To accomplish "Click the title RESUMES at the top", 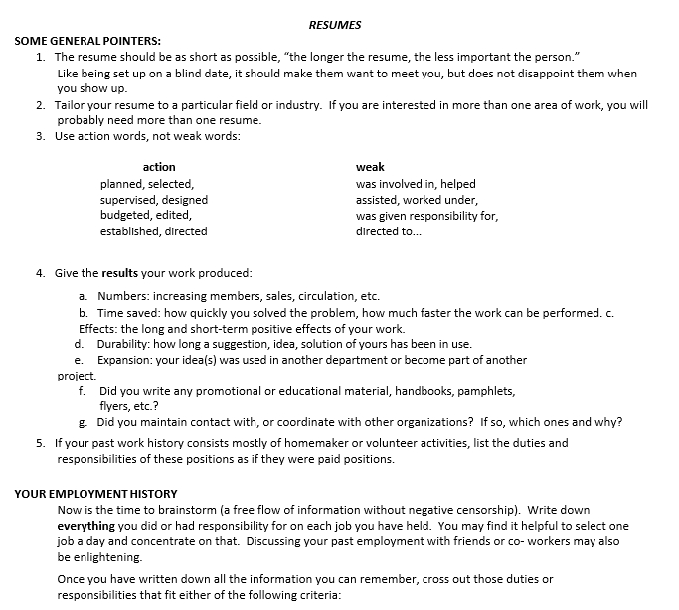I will [335, 24].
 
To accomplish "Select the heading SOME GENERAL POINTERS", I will [87, 41].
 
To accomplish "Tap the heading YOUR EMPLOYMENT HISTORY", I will [95, 493].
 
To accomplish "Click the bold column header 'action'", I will [159, 167].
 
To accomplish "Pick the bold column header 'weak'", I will [370, 167].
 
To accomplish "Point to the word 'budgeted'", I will [126, 215].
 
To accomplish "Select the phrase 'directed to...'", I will [389, 231].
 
